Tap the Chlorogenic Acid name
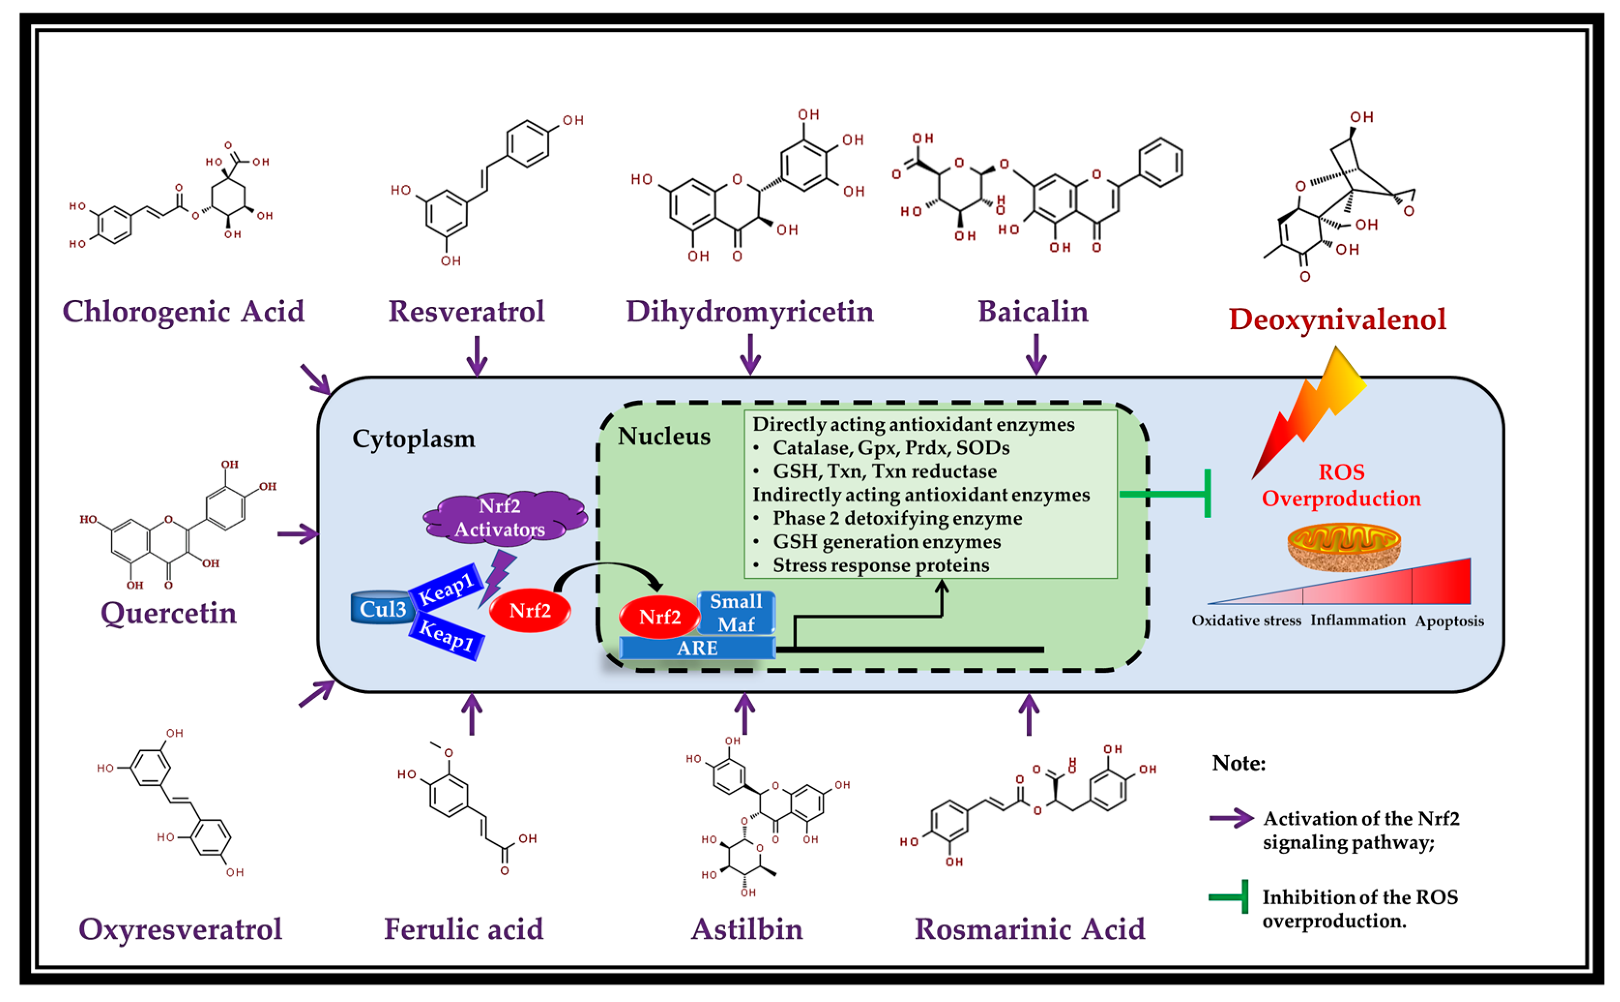(x=183, y=311)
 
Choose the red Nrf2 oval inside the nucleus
(x=659, y=617)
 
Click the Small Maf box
(x=736, y=612)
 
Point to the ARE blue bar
(x=697, y=647)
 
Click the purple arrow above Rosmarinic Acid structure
(x=1029, y=714)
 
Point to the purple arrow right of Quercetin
(x=297, y=534)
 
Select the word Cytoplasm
(x=414, y=439)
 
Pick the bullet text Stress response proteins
(x=880, y=565)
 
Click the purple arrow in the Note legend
(x=1231, y=818)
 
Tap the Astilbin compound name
(x=746, y=929)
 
